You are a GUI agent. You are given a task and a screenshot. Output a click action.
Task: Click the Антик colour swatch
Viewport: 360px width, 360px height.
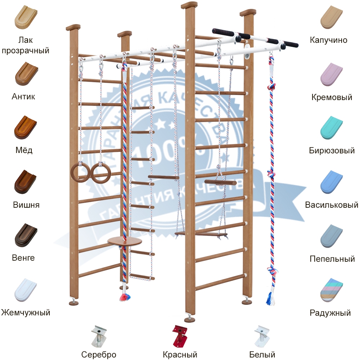point(25,73)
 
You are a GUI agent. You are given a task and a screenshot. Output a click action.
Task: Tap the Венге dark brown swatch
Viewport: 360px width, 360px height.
point(25,235)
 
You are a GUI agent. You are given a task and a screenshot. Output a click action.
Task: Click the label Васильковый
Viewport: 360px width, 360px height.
point(332,205)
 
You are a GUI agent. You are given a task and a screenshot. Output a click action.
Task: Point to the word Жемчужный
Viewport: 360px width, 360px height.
point(25,312)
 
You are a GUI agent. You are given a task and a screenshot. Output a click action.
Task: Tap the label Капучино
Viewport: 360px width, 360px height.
point(329,40)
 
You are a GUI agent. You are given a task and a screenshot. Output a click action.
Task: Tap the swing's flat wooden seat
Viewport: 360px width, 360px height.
point(201,234)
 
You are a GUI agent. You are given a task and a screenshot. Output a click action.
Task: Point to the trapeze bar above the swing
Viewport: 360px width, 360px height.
point(220,182)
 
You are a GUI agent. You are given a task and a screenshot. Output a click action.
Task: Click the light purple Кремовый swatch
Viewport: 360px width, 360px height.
point(332,74)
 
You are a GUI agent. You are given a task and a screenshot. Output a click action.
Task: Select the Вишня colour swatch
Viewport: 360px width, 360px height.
point(25,181)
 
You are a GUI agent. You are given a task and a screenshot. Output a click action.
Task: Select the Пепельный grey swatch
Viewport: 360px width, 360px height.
point(332,236)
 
